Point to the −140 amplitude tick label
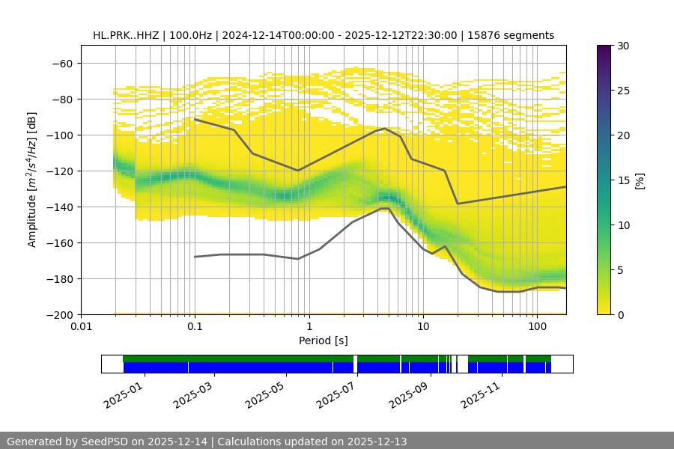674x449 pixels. (x=61, y=207)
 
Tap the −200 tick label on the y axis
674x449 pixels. (x=61, y=314)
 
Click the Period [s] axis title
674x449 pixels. (x=324, y=340)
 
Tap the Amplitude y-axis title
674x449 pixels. (x=32, y=180)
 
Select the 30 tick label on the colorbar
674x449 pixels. (x=623, y=46)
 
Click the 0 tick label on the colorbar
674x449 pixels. (x=621, y=314)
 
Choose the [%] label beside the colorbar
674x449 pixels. (x=640, y=180)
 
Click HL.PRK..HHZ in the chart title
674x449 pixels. (x=127, y=35)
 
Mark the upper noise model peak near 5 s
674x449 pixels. (x=385, y=128)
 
